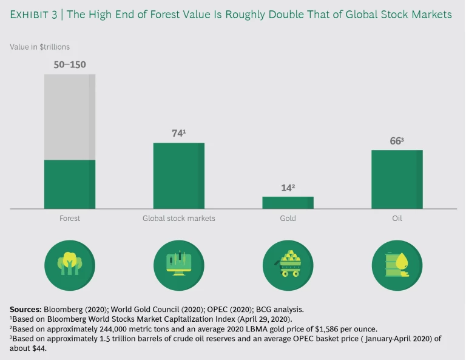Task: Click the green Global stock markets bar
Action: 178,175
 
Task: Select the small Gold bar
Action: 288,202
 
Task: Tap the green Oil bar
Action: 397,179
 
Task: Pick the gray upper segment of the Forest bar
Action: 69,117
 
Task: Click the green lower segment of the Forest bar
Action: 69,184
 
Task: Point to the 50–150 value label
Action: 69,65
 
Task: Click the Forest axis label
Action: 69,218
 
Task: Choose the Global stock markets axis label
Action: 178,218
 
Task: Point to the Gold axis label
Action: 288,218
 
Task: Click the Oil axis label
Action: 397,218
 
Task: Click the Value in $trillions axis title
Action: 39,46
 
